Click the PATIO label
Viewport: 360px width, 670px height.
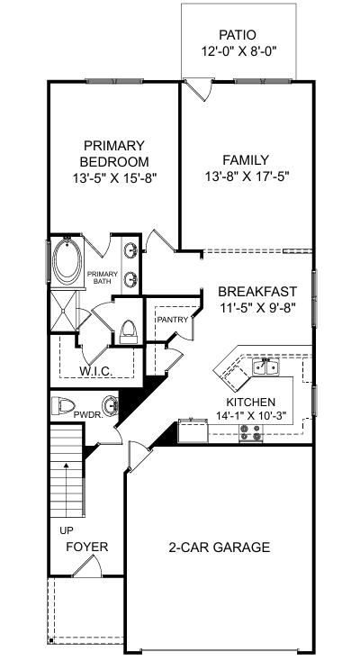(239, 35)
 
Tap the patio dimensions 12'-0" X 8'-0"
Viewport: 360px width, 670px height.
(239, 51)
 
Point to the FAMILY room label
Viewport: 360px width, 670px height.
(247, 161)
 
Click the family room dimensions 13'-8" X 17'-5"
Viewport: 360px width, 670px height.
(247, 177)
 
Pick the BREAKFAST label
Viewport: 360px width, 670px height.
(257, 292)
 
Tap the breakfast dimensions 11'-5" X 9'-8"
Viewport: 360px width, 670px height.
(257, 307)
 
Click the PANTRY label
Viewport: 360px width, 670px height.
(172, 320)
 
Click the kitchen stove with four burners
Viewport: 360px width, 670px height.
(249, 434)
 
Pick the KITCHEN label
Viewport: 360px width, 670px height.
(250, 402)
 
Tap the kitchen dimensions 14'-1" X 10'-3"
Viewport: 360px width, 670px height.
(250, 416)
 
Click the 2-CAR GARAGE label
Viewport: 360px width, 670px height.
(220, 547)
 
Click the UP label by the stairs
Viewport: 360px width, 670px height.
(67, 530)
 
